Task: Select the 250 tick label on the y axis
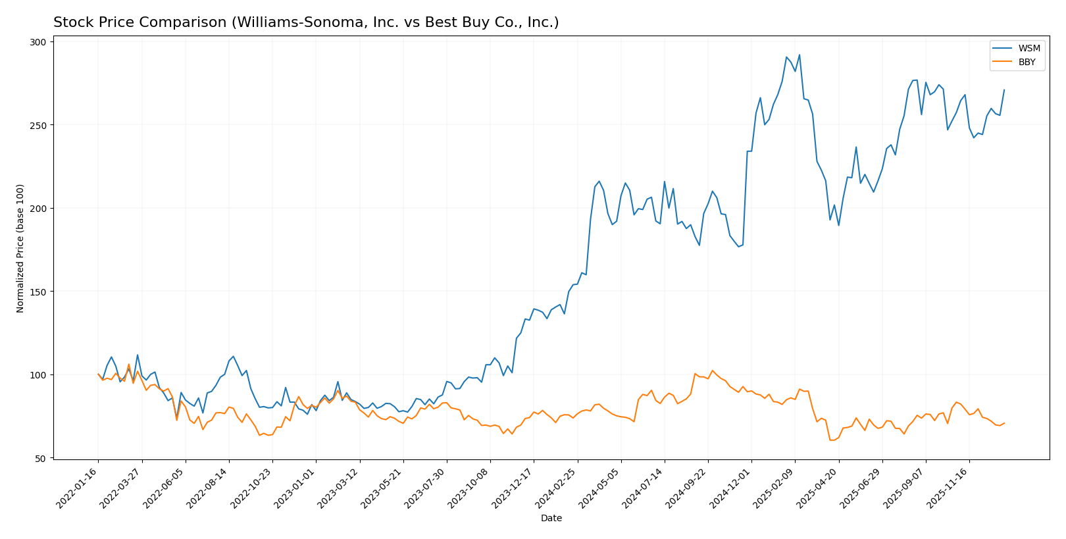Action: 39,125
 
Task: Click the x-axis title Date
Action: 551,519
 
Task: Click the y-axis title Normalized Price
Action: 20,248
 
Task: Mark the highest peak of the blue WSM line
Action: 799,55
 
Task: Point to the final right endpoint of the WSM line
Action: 1004,90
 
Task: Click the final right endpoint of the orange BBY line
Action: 1004,423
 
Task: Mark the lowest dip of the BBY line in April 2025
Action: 832,440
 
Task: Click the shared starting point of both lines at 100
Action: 98,374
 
